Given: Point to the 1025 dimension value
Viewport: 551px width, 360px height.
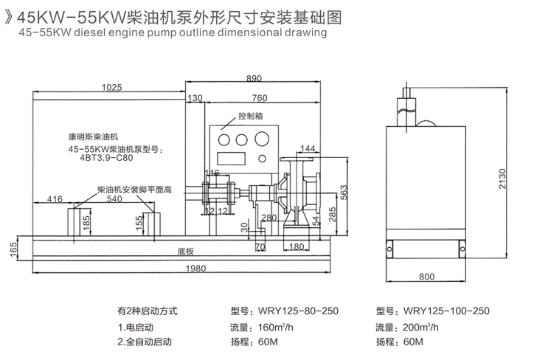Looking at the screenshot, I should pos(111,87).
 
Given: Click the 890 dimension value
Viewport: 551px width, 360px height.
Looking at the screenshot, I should pos(254,77).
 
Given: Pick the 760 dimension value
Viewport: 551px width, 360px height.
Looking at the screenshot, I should pos(259,98).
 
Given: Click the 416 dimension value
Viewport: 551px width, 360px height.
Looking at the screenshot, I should pos(54,199).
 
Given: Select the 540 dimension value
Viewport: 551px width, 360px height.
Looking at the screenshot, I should pos(114,199).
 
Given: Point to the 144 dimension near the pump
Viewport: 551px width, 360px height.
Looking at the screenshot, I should pos(308,149).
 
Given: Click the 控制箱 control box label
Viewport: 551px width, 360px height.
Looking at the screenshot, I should pos(250,116).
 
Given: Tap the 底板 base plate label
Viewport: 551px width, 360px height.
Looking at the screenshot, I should pos(184,250).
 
